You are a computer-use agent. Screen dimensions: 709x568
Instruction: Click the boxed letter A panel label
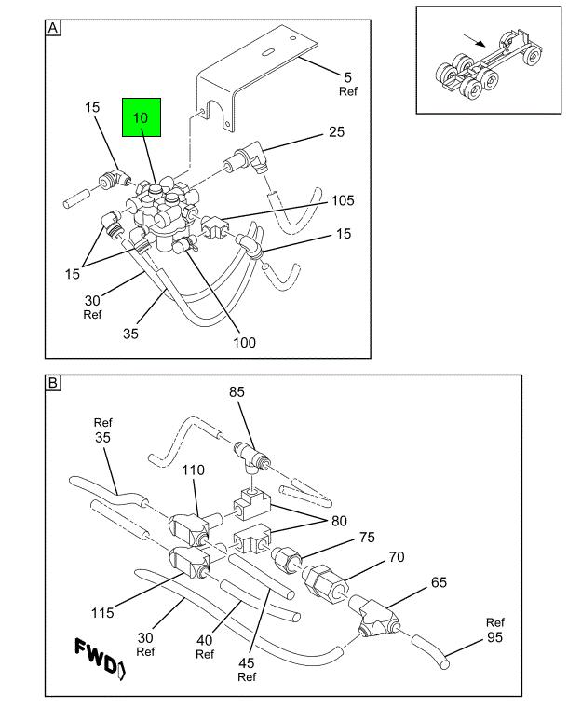click(x=53, y=28)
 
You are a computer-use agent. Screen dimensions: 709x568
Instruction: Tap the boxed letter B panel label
click(x=53, y=383)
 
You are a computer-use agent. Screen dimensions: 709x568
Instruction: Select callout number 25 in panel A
click(x=336, y=132)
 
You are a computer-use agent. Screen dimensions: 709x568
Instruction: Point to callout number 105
click(x=342, y=199)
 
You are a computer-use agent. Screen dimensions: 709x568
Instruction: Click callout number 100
click(x=244, y=342)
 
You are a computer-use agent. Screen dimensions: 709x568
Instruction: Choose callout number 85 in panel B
click(x=238, y=392)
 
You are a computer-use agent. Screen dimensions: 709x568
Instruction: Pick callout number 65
click(x=439, y=582)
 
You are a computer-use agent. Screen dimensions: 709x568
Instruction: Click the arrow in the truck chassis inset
click(x=475, y=42)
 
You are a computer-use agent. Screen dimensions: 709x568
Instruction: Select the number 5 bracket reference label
click(x=348, y=77)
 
